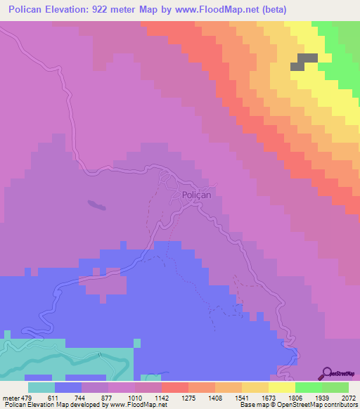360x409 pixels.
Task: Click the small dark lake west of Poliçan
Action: (94, 205)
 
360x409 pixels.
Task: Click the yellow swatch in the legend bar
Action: (282, 387)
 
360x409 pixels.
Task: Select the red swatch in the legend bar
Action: (175, 387)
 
